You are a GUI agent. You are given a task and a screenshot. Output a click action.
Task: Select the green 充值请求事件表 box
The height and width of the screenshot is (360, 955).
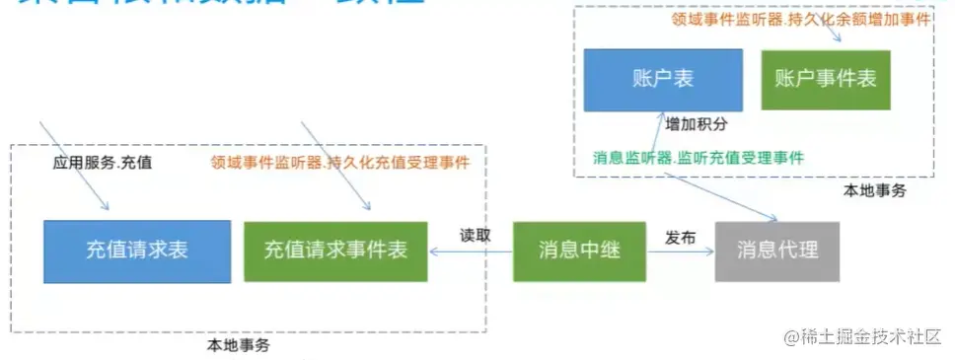(x=335, y=251)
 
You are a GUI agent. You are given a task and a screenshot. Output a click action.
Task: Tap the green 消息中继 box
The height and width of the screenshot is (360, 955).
(x=579, y=251)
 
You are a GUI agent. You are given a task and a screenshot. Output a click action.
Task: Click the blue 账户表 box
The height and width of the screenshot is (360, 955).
(x=648, y=79)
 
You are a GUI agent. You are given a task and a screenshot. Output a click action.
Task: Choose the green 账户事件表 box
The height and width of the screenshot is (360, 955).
(x=826, y=79)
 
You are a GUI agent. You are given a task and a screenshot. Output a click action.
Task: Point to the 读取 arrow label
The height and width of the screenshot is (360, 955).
(x=475, y=237)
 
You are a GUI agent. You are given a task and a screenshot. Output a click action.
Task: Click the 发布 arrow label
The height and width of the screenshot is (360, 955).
(x=681, y=238)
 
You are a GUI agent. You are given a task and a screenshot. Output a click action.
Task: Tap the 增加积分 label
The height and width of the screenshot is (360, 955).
(x=697, y=125)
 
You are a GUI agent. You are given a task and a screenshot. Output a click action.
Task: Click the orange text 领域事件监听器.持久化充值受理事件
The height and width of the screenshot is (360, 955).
(x=340, y=162)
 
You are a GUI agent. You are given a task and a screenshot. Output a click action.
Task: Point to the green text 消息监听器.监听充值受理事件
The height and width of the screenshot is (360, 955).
(x=698, y=157)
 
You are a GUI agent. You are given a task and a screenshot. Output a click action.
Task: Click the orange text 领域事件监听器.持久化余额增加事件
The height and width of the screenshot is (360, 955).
(x=801, y=19)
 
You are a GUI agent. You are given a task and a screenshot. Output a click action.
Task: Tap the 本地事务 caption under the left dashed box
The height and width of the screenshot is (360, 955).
(x=238, y=345)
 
